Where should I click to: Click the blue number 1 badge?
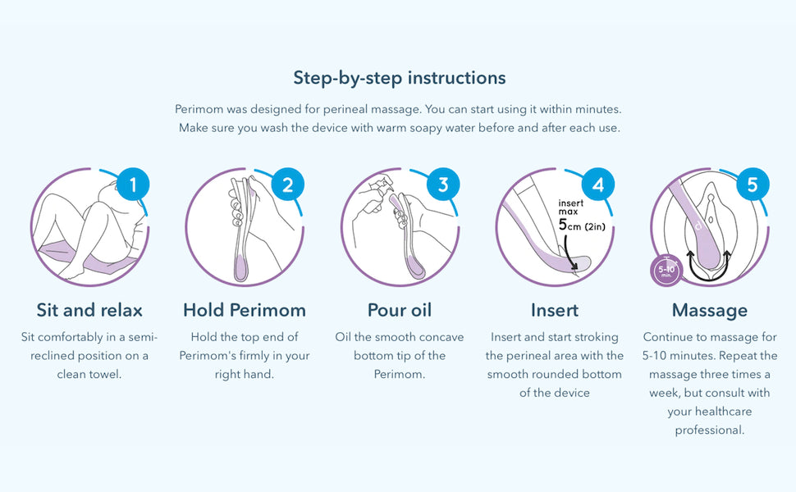point(133,184)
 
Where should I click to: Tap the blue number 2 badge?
point(288,184)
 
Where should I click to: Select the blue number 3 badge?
point(443,184)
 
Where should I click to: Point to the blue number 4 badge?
point(598,184)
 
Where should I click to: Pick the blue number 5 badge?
point(753,184)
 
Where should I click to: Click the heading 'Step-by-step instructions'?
point(400,78)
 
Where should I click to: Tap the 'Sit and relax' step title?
point(89,310)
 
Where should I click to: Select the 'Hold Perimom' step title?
point(245,310)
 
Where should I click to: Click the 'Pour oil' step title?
point(400,310)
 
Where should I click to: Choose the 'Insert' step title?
point(555,310)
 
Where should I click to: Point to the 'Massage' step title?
point(710,311)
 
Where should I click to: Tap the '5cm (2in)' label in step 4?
point(582,225)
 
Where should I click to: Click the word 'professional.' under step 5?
point(710,430)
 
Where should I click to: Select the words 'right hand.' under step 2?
point(245,375)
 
